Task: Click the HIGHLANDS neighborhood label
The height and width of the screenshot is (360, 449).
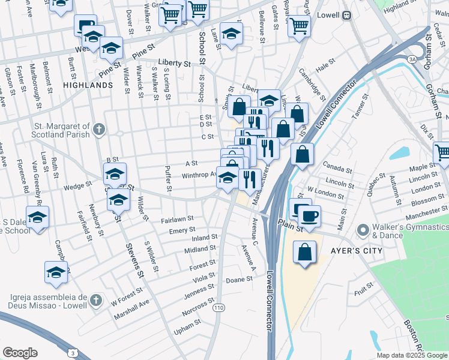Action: (88, 85)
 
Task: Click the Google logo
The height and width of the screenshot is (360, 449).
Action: (20, 353)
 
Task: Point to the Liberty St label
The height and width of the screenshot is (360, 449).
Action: (174, 62)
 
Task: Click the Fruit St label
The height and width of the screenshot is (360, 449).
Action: (364, 292)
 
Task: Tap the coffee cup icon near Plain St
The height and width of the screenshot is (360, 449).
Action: (309, 216)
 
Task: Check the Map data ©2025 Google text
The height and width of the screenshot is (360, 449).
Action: (412, 355)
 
